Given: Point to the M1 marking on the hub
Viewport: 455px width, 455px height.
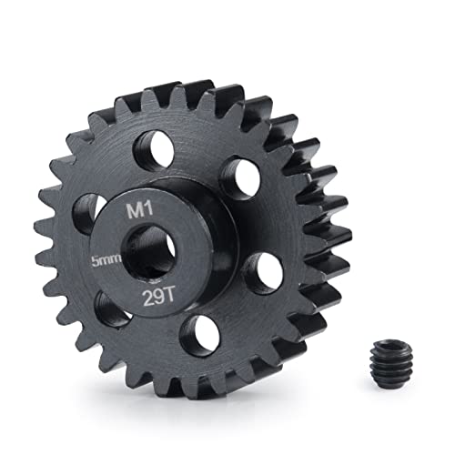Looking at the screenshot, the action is pos(136,210).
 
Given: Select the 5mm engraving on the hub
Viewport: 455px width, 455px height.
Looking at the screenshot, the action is pos(106,260).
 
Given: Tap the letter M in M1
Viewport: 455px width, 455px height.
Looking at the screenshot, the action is pos(133,211).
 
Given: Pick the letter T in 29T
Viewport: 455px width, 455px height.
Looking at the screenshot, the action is pos(170,298).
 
